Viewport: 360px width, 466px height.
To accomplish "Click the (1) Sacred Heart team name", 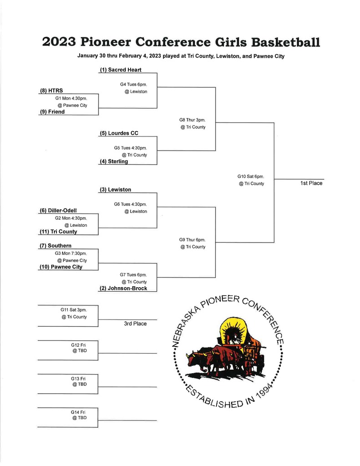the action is (121, 70).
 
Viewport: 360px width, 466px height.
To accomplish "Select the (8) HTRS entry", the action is (51, 91).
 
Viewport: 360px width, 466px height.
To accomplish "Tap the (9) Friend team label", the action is (52, 112).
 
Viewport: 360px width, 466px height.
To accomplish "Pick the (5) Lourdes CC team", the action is (119, 133).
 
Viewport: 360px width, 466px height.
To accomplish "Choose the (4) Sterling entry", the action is (114, 162).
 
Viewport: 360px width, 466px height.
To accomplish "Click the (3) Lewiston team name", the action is (115, 190).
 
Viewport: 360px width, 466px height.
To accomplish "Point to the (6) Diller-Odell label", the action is (58, 210).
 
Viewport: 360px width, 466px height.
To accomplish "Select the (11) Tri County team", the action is (58, 232).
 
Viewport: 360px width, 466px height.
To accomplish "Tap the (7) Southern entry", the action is (56, 246).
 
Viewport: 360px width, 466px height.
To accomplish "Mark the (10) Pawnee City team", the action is (61, 267).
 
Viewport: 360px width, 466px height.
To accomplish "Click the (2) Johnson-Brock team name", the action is (123, 288).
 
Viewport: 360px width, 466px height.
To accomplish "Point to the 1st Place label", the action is (311, 183).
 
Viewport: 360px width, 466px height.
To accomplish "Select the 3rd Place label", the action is (135, 324).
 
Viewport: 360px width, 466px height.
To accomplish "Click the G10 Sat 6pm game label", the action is (251, 177).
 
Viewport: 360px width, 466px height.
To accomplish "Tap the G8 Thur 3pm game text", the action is (193, 120).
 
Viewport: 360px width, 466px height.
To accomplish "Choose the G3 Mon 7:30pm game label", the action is (71, 253).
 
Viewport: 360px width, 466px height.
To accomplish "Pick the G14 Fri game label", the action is (78, 412).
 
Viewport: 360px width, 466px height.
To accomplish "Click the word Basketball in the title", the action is (286, 42).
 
